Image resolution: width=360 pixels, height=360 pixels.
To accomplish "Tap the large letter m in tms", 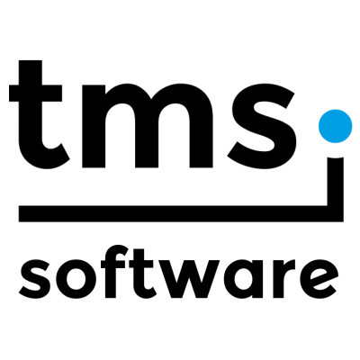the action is (x=148, y=125).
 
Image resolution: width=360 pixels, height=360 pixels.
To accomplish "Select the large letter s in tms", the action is (x=260, y=125).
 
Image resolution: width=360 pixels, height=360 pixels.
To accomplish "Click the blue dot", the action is (x=335, y=126).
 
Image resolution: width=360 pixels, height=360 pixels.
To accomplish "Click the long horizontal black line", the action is (x=181, y=213).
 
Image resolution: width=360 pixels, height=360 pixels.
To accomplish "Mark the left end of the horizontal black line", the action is (x=19, y=213).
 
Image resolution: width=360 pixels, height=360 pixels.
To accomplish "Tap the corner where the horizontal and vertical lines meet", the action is (x=336, y=213).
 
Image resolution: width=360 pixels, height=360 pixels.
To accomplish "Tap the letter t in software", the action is (x=143, y=274).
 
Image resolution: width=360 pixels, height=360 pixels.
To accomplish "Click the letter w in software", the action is (x=188, y=279).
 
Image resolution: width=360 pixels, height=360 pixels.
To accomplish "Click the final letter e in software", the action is (x=319, y=279).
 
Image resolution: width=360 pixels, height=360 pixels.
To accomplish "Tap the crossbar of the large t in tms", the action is (x=35, y=93).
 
